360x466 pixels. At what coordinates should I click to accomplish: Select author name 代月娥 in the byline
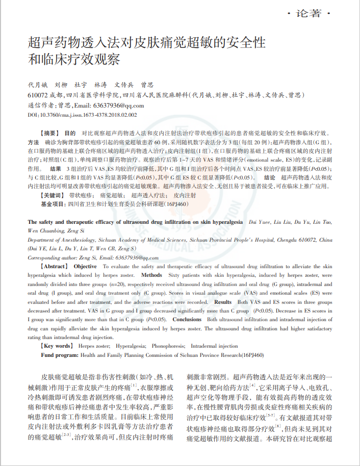(x=38, y=85)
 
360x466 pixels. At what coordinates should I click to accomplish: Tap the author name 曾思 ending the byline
(x=147, y=85)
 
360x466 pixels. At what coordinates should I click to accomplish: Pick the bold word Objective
(x=85, y=267)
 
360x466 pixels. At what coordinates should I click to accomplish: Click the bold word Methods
(x=151, y=275)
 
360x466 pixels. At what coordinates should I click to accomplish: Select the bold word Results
(x=223, y=302)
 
